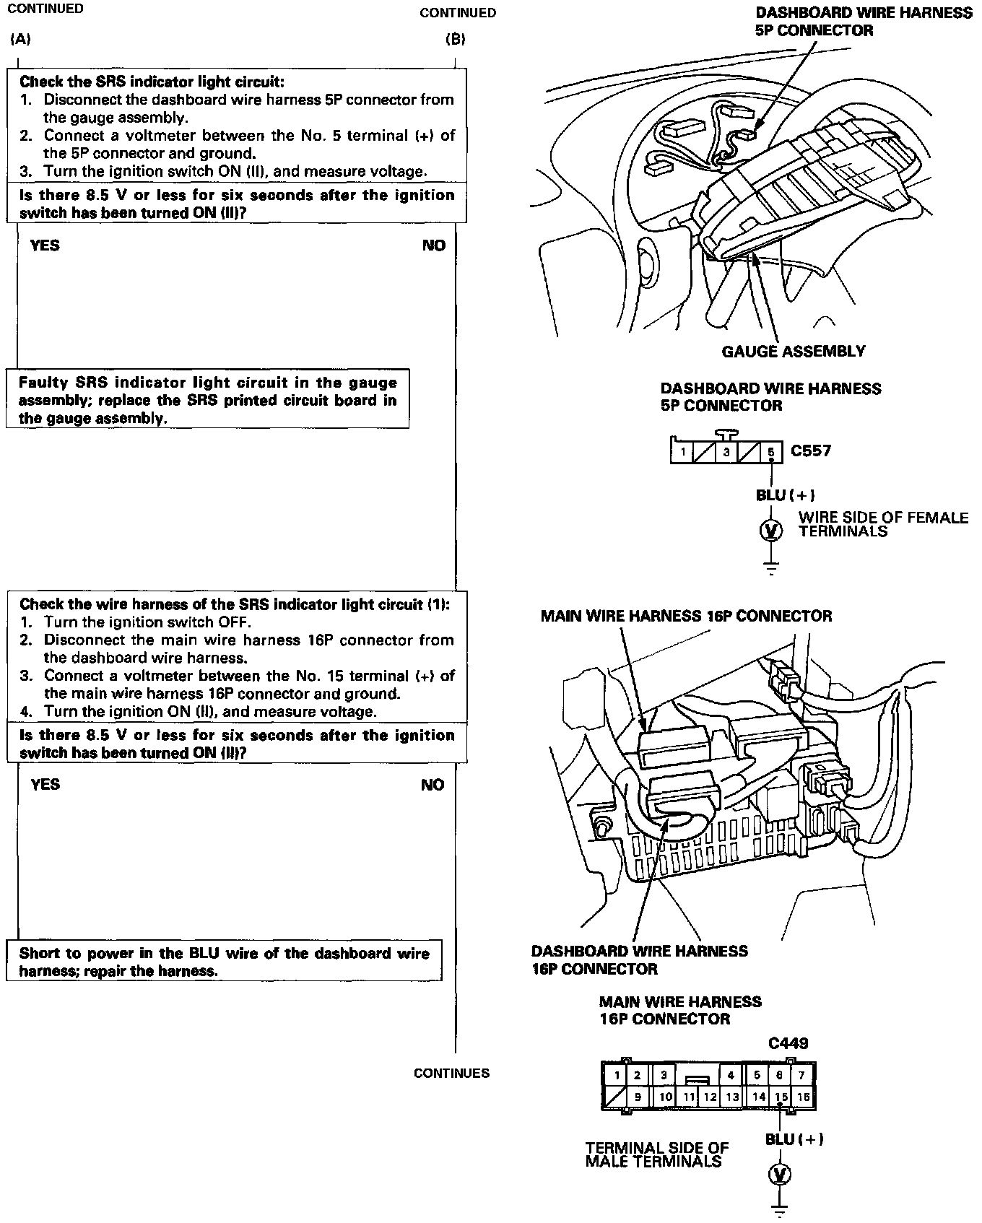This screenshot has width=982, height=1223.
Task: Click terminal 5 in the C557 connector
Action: tap(771, 453)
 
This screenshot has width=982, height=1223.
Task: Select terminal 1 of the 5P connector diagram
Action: tap(682, 453)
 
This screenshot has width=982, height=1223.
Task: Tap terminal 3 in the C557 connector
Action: tap(726, 453)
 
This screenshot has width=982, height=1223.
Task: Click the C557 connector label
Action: tap(811, 451)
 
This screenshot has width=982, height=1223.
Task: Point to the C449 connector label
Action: tap(788, 1043)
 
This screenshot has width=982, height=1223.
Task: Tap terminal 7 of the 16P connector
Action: tap(802, 1075)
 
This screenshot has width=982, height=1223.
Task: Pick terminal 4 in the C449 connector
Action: tap(731, 1075)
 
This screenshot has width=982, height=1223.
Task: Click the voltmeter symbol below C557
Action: tap(771, 531)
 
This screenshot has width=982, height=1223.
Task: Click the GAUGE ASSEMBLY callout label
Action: tap(794, 352)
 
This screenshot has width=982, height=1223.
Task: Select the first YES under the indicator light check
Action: tap(45, 245)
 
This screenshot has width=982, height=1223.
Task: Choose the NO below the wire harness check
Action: tap(433, 785)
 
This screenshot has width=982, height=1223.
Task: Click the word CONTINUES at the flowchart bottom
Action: tap(451, 1074)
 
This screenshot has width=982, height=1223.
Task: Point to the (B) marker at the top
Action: tap(455, 39)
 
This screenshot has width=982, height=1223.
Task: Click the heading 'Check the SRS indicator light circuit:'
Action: tap(152, 82)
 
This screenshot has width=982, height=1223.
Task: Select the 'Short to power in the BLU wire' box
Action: tap(224, 962)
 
